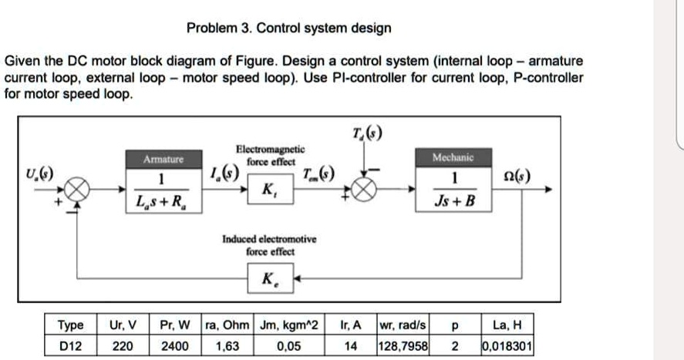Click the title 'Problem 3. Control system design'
(x=289, y=29)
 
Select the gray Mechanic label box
(x=453, y=157)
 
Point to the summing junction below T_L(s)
(x=364, y=190)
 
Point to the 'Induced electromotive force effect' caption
(x=269, y=245)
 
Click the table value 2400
(x=174, y=346)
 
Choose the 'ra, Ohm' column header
(x=229, y=325)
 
